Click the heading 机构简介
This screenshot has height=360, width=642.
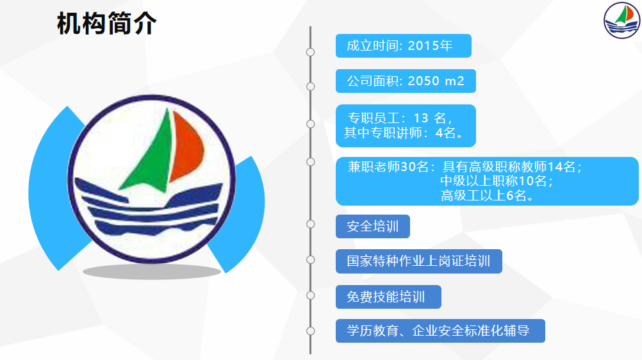[x=107, y=23]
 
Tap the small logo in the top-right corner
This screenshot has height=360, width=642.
[x=621, y=20]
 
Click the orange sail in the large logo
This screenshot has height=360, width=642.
[x=186, y=145]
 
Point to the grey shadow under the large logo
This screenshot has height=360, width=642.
[x=152, y=272]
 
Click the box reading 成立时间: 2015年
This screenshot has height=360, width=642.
[x=403, y=46]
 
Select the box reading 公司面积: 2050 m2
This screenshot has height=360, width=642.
[x=406, y=81]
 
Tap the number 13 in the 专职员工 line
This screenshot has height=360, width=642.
[x=421, y=118]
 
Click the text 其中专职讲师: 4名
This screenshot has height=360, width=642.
[x=404, y=133]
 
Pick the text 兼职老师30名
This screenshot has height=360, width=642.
[x=388, y=167]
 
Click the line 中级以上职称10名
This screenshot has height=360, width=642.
[x=497, y=181]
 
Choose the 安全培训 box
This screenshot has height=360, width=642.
[x=373, y=227]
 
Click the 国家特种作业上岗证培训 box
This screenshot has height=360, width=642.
[x=419, y=261]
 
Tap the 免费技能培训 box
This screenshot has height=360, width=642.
[x=388, y=297]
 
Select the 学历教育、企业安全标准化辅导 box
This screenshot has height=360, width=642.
[x=440, y=331]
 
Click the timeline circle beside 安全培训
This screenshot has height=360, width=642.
[x=310, y=224]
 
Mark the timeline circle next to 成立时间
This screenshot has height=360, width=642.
[x=310, y=52]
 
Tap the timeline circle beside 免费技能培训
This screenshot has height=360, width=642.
[x=310, y=295]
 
